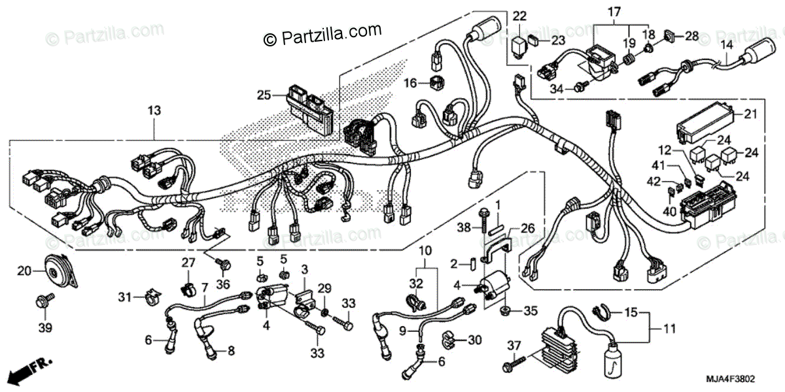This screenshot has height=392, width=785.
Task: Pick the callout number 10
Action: tap(425, 251)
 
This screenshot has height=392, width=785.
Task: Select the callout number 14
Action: tap(725, 45)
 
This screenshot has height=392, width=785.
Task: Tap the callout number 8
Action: tap(230, 351)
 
